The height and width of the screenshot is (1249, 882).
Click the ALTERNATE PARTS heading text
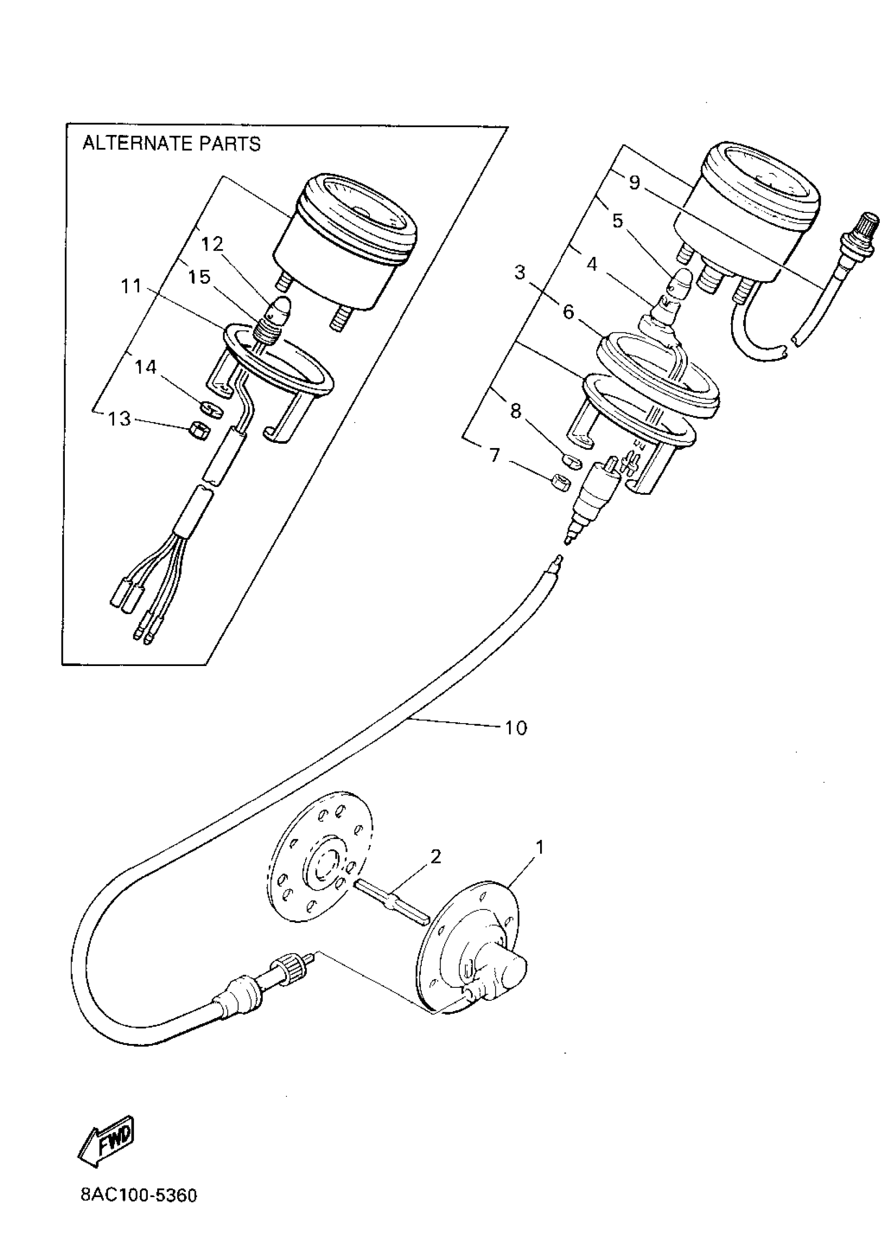click(x=171, y=144)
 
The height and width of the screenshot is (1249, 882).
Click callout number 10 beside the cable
click(x=516, y=728)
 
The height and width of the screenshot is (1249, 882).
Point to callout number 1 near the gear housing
click(x=540, y=848)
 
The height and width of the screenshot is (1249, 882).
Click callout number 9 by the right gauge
click(x=634, y=183)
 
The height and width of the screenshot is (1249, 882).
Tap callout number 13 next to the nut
click(x=119, y=419)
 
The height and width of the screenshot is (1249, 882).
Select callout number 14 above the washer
click(x=145, y=367)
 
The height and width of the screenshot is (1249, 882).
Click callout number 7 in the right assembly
click(x=494, y=455)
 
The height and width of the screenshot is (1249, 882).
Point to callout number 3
click(x=520, y=272)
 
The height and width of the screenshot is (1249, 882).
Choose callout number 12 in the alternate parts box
click(x=212, y=245)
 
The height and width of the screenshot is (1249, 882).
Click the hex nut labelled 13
click(x=199, y=431)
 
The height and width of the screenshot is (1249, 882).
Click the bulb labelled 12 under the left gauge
click(x=282, y=307)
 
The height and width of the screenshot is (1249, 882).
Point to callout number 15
click(x=199, y=277)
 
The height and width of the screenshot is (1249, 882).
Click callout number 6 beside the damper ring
click(x=568, y=313)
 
